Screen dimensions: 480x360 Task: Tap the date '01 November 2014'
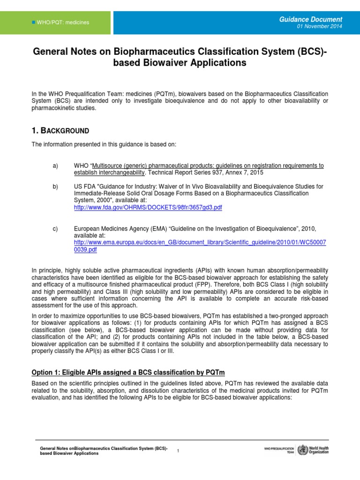coord(320,27)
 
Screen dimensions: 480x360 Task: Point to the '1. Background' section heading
coord(60,130)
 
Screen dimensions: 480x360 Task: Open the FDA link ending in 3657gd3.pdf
coord(148,208)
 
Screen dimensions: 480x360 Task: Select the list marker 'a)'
coord(55,166)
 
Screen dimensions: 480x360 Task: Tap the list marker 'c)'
coord(55,229)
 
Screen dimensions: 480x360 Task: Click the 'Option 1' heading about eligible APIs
coord(128,372)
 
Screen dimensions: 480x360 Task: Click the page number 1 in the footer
coord(178,450)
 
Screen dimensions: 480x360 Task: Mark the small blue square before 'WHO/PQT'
coord(33,22)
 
